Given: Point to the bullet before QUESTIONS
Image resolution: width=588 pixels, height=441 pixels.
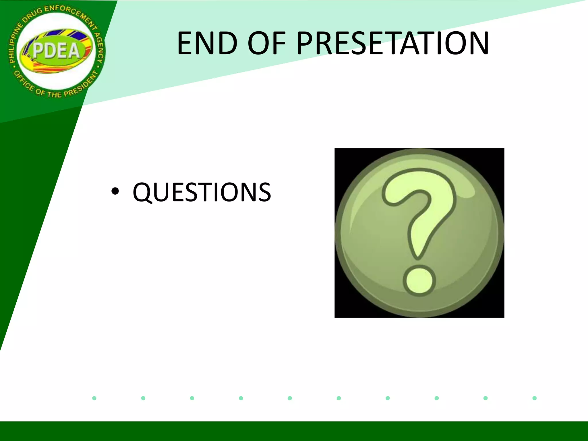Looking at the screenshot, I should tap(115, 192).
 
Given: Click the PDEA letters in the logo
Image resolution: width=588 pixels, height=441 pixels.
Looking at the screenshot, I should tap(56, 51).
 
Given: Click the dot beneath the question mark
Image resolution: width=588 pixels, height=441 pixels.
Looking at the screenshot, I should tap(419, 281).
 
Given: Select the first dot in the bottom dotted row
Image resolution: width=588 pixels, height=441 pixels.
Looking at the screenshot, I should tap(94, 398).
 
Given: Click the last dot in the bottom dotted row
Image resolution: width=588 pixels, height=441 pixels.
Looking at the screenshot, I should tap(534, 398).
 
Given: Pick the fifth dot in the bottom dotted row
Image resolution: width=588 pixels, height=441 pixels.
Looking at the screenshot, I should tap(290, 398).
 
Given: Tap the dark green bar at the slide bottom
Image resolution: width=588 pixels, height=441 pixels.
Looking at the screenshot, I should tap(294, 431).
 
